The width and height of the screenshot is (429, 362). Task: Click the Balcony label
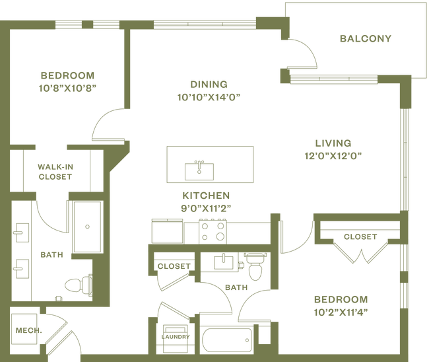(x=366, y=38)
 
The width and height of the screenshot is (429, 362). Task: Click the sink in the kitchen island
(x=197, y=169)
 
